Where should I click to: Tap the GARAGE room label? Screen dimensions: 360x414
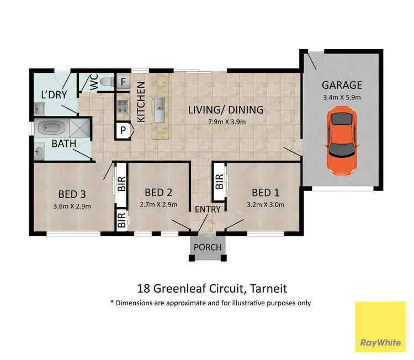[342, 85]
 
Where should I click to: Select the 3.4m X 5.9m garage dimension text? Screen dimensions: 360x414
[342, 98]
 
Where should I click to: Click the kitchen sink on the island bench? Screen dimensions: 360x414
[160, 104]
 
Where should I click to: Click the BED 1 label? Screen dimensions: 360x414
[264, 193]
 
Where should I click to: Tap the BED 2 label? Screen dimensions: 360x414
[157, 193]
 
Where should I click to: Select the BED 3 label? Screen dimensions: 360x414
[72, 194]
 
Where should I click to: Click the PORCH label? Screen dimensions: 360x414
[208, 247]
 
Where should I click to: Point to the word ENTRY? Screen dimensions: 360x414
[208, 209]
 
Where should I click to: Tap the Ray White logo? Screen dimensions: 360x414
[381, 327]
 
